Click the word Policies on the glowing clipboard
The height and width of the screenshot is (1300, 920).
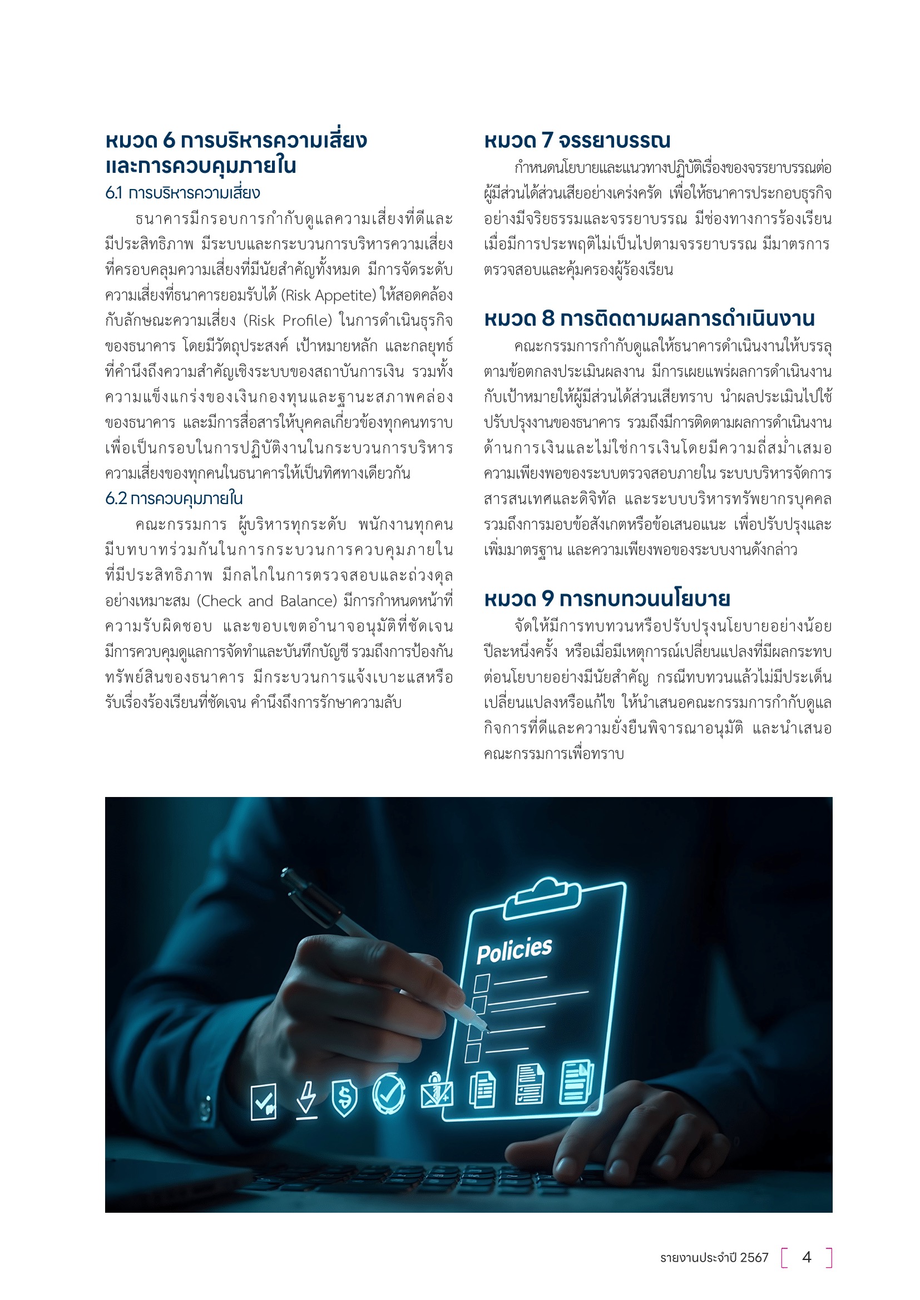514,950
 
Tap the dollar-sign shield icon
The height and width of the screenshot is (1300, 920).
344,1097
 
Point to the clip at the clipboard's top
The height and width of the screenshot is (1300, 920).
542,898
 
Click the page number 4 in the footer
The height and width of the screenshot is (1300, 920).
807,1258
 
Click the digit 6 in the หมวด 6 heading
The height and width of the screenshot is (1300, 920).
169,141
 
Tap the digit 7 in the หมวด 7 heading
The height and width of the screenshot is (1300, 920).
547,141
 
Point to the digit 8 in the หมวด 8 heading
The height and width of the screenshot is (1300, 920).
548,319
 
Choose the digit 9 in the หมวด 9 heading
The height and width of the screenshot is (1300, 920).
547,599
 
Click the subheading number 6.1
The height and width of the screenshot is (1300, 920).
113,193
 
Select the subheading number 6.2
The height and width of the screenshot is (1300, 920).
116,499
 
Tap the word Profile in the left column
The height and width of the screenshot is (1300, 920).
306,321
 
